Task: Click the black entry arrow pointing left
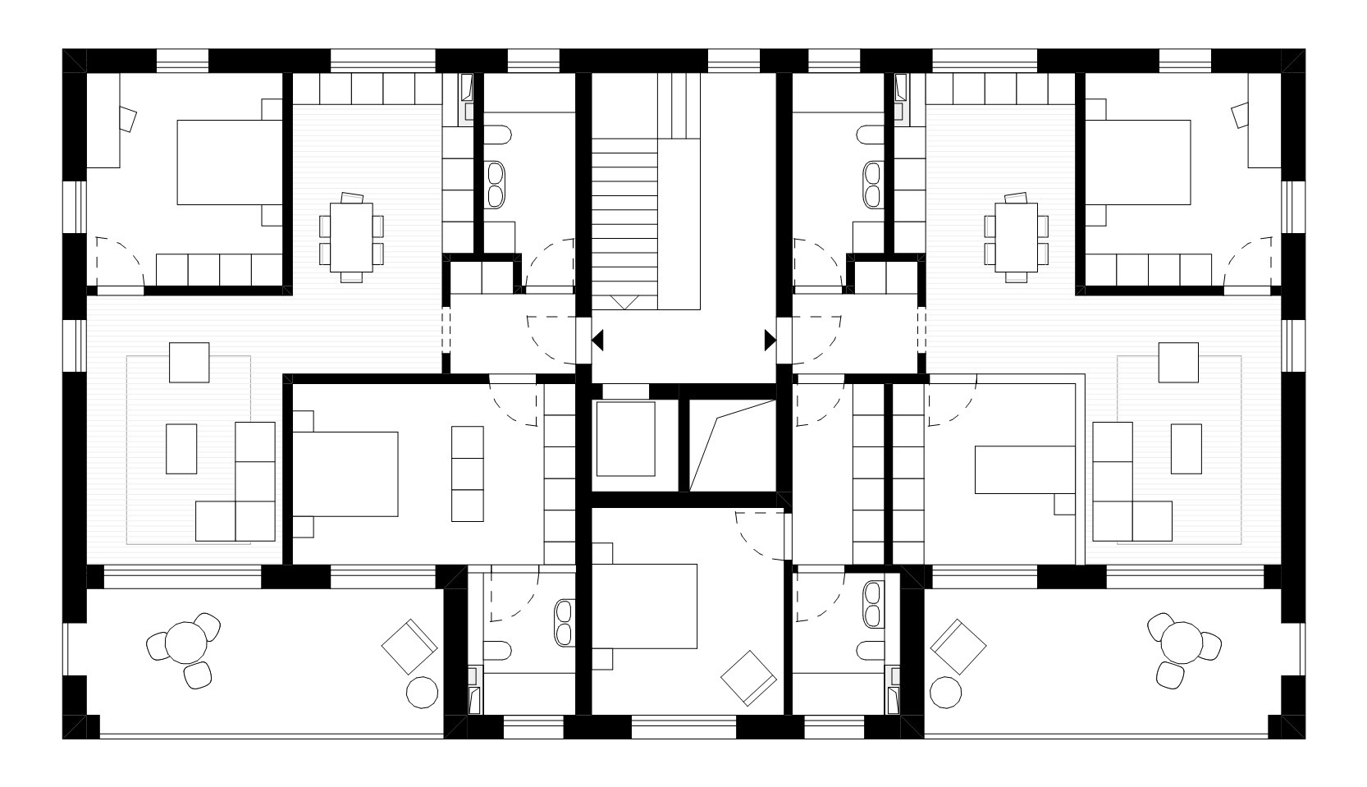coord(598,340)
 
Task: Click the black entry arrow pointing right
coord(770,340)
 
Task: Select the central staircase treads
coord(625,222)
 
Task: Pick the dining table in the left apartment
coord(351,237)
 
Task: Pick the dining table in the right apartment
coord(1017,237)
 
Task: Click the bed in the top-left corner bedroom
coord(231,162)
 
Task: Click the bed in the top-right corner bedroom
coord(1137,162)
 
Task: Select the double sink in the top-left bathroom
coord(496,184)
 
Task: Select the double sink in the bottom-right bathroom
coord(873,603)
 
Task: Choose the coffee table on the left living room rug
coord(181,448)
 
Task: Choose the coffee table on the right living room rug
coord(1186,448)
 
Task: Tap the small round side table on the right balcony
coord(946,692)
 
